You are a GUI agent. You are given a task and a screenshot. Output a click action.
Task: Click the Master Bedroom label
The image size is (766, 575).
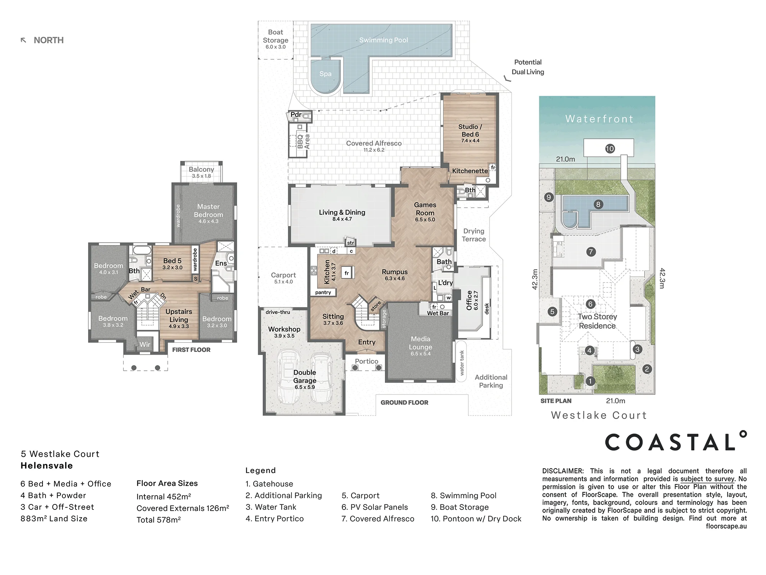pyautogui.click(x=208, y=210)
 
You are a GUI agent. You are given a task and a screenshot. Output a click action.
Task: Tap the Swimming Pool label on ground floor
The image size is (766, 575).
pyautogui.click(x=383, y=40)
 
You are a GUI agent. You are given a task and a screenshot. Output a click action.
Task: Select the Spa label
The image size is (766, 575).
pyautogui.click(x=325, y=74)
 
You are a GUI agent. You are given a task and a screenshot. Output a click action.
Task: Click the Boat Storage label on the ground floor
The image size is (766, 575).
pyautogui.click(x=275, y=36)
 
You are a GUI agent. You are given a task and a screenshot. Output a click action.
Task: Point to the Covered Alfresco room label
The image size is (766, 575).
pyautogui.click(x=374, y=143)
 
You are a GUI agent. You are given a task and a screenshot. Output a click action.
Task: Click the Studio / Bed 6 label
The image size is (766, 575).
pyautogui.click(x=470, y=130)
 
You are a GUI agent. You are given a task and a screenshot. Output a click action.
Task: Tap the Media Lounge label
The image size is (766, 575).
pyautogui.click(x=421, y=343)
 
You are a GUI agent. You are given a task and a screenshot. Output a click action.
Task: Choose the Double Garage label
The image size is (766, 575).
pyautogui.click(x=304, y=376)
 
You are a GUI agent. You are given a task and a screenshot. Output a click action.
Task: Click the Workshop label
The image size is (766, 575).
pyautogui.click(x=284, y=329)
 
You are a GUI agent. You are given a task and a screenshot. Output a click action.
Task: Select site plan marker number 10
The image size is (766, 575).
pyautogui.click(x=610, y=148)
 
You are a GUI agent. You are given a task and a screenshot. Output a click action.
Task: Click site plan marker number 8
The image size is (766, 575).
pyautogui.click(x=598, y=204)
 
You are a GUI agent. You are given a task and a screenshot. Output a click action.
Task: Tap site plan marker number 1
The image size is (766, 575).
pyautogui.click(x=590, y=381)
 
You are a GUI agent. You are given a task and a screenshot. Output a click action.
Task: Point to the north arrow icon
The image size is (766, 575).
pyautogui.click(x=23, y=40)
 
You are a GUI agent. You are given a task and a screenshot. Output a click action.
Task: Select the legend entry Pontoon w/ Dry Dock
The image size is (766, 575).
pyautogui.click(x=476, y=519)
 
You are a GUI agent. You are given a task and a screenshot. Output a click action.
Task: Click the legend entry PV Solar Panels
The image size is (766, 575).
pyautogui.click(x=375, y=507)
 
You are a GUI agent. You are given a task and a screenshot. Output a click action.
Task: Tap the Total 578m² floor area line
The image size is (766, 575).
pyautogui.click(x=159, y=520)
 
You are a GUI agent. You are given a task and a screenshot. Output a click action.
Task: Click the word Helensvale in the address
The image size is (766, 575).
pyautogui.click(x=47, y=466)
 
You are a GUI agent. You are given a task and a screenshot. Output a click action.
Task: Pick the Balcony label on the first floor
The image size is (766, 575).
pyautogui.click(x=201, y=169)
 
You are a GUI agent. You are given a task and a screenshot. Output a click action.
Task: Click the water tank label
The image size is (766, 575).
pyautogui.click(x=462, y=362)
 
